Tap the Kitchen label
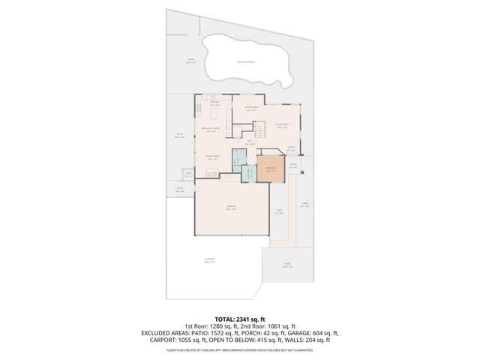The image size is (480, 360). [x=214, y=103]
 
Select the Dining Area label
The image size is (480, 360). [x=252, y=109]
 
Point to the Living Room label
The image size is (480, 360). [x=281, y=126]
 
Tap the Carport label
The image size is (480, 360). [x=209, y=260]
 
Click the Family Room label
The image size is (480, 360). [x=211, y=156]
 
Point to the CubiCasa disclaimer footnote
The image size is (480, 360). [x=240, y=349]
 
